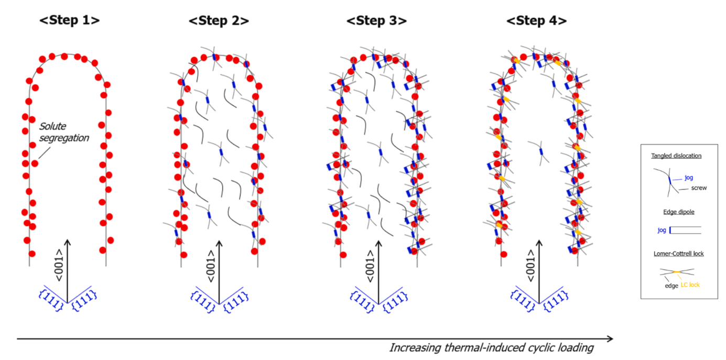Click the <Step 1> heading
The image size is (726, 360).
pos(70,20)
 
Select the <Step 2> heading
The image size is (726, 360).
pos(219,20)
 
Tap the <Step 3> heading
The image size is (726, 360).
pos(376,20)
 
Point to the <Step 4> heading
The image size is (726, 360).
pos(536,20)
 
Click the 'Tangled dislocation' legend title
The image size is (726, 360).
pos(676,156)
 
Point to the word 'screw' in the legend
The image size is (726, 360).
pos(699,188)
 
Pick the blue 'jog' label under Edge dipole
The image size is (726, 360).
pos(662,230)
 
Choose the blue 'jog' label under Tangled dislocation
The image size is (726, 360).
pos(688,178)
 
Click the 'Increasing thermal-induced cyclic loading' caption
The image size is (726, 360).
pos(491,348)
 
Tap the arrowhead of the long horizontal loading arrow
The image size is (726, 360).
pos(610,339)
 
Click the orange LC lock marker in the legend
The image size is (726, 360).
pos(677,271)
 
